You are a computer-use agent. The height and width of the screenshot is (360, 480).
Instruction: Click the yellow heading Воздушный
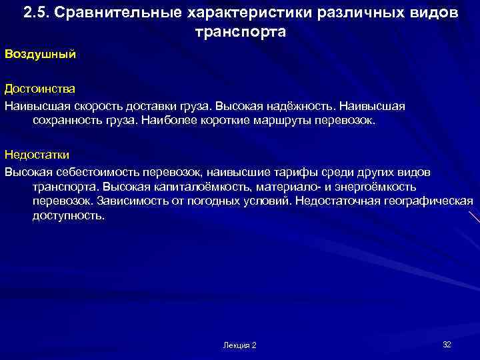pyautogui.click(x=39, y=54)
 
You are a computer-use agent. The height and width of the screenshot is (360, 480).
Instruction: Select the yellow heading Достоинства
pyautogui.click(x=39, y=89)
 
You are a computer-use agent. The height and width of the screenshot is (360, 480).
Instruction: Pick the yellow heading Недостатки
pyautogui.click(x=37, y=155)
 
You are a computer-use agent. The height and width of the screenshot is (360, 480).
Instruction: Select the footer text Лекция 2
pyautogui.click(x=240, y=345)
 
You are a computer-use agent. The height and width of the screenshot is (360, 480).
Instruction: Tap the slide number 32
pyautogui.click(x=447, y=344)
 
